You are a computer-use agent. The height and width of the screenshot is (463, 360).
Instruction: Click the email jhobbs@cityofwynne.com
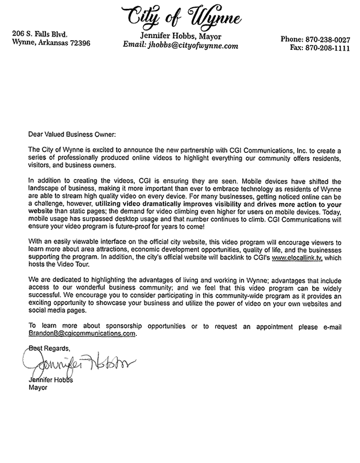tap(181, 45)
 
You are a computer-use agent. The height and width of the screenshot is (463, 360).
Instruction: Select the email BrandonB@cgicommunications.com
tap(82, 333)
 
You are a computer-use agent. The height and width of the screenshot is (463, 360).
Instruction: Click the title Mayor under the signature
tap(38, 388)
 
